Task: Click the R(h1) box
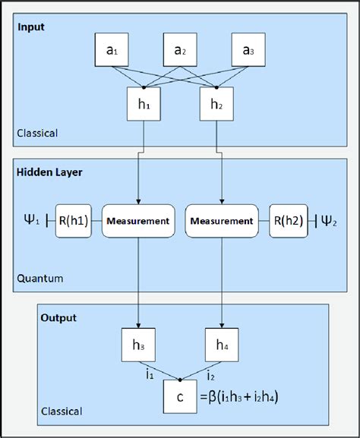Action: coord(75,222)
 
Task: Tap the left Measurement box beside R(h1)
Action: coord(137,222)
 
